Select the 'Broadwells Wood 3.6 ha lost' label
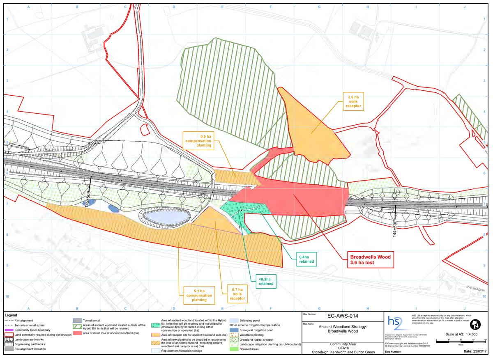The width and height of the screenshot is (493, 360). tap(367, 259)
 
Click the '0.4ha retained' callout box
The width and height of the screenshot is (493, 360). tap(306, 259)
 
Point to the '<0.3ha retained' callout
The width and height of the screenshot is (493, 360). tap(266, 282)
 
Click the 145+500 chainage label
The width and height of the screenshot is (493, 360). tap(87, 199)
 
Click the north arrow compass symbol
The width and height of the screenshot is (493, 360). tap(477, 325)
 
